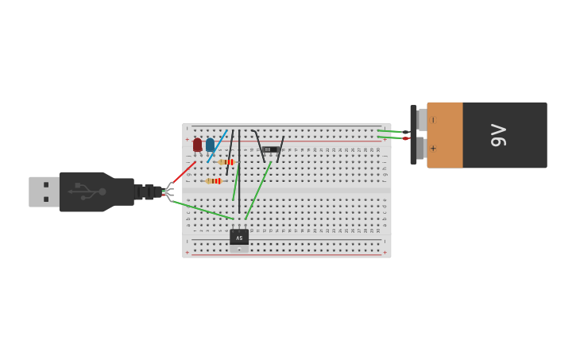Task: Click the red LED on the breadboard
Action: (x=197, y=145)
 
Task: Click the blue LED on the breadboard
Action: (x=210, y=145)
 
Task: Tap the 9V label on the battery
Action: (x=498, y=135)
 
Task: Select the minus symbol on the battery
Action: (x=433, y=121)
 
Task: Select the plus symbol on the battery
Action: (x=433, y=148)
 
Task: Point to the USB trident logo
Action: (x=87, y=192)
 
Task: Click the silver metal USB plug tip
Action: (x=44, y=192)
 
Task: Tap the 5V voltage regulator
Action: (x=239, y=238)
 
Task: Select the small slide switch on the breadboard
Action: (x=270, y=149)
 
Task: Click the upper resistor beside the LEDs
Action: (x=227, y=162)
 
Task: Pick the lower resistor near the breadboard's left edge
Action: (x=213, y=181)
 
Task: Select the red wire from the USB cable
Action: (x=184, y=172)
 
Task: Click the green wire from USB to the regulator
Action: (x=203, y=210)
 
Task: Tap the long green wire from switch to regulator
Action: (x=258, y=191)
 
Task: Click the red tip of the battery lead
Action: (x=405, y=138)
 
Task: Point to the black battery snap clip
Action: (x=413, y=135)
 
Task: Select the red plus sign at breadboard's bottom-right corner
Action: (x=385, y=252)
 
